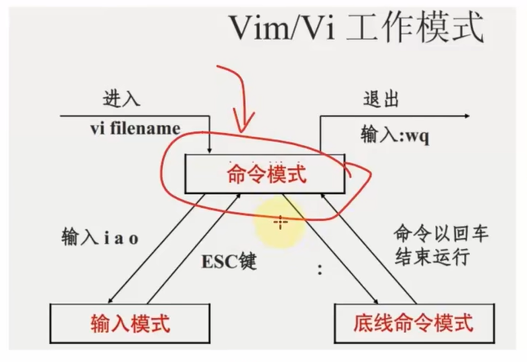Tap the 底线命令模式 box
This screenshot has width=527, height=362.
(414, 322)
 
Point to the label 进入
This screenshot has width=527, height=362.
(123, 101)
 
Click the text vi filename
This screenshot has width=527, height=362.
(135, 129)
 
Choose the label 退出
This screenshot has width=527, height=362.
(381, 101)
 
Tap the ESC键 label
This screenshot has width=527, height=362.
(229, 263)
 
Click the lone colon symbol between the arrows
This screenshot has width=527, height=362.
(319, 270)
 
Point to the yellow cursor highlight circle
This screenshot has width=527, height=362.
(280, 221)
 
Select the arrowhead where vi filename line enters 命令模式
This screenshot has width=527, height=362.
(210, 150)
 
